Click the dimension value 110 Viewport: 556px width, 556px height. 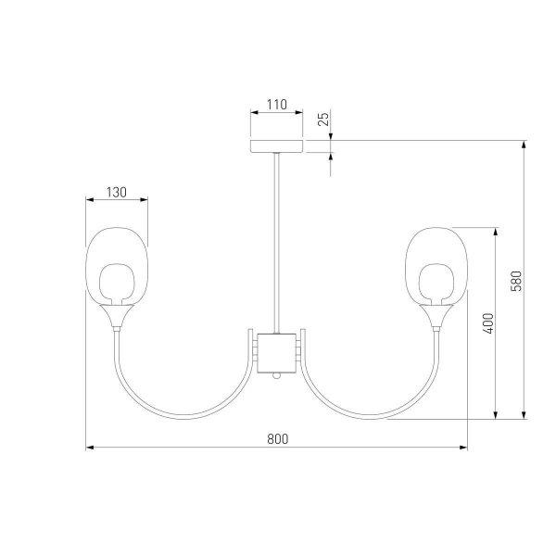pyautogui.click(x=276, y=105)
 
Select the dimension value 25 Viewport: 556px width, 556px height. pyautogui.click(x=323, y=119)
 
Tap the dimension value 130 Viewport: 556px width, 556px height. pyautogui.click(x=117, y=193)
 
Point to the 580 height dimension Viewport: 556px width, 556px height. pyautogui.click(x=517, y=281)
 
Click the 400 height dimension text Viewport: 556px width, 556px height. pyautogui.click(x=488, y=323)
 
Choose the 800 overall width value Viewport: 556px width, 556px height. pyautogui.click(x=278, y=439)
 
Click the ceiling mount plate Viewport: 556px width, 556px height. pyautogui.click(x=277, y=146)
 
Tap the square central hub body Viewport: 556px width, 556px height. pyautogui.click(x=276, y=353)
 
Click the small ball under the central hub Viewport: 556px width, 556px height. pyautogui.click(x=276, y=376)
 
